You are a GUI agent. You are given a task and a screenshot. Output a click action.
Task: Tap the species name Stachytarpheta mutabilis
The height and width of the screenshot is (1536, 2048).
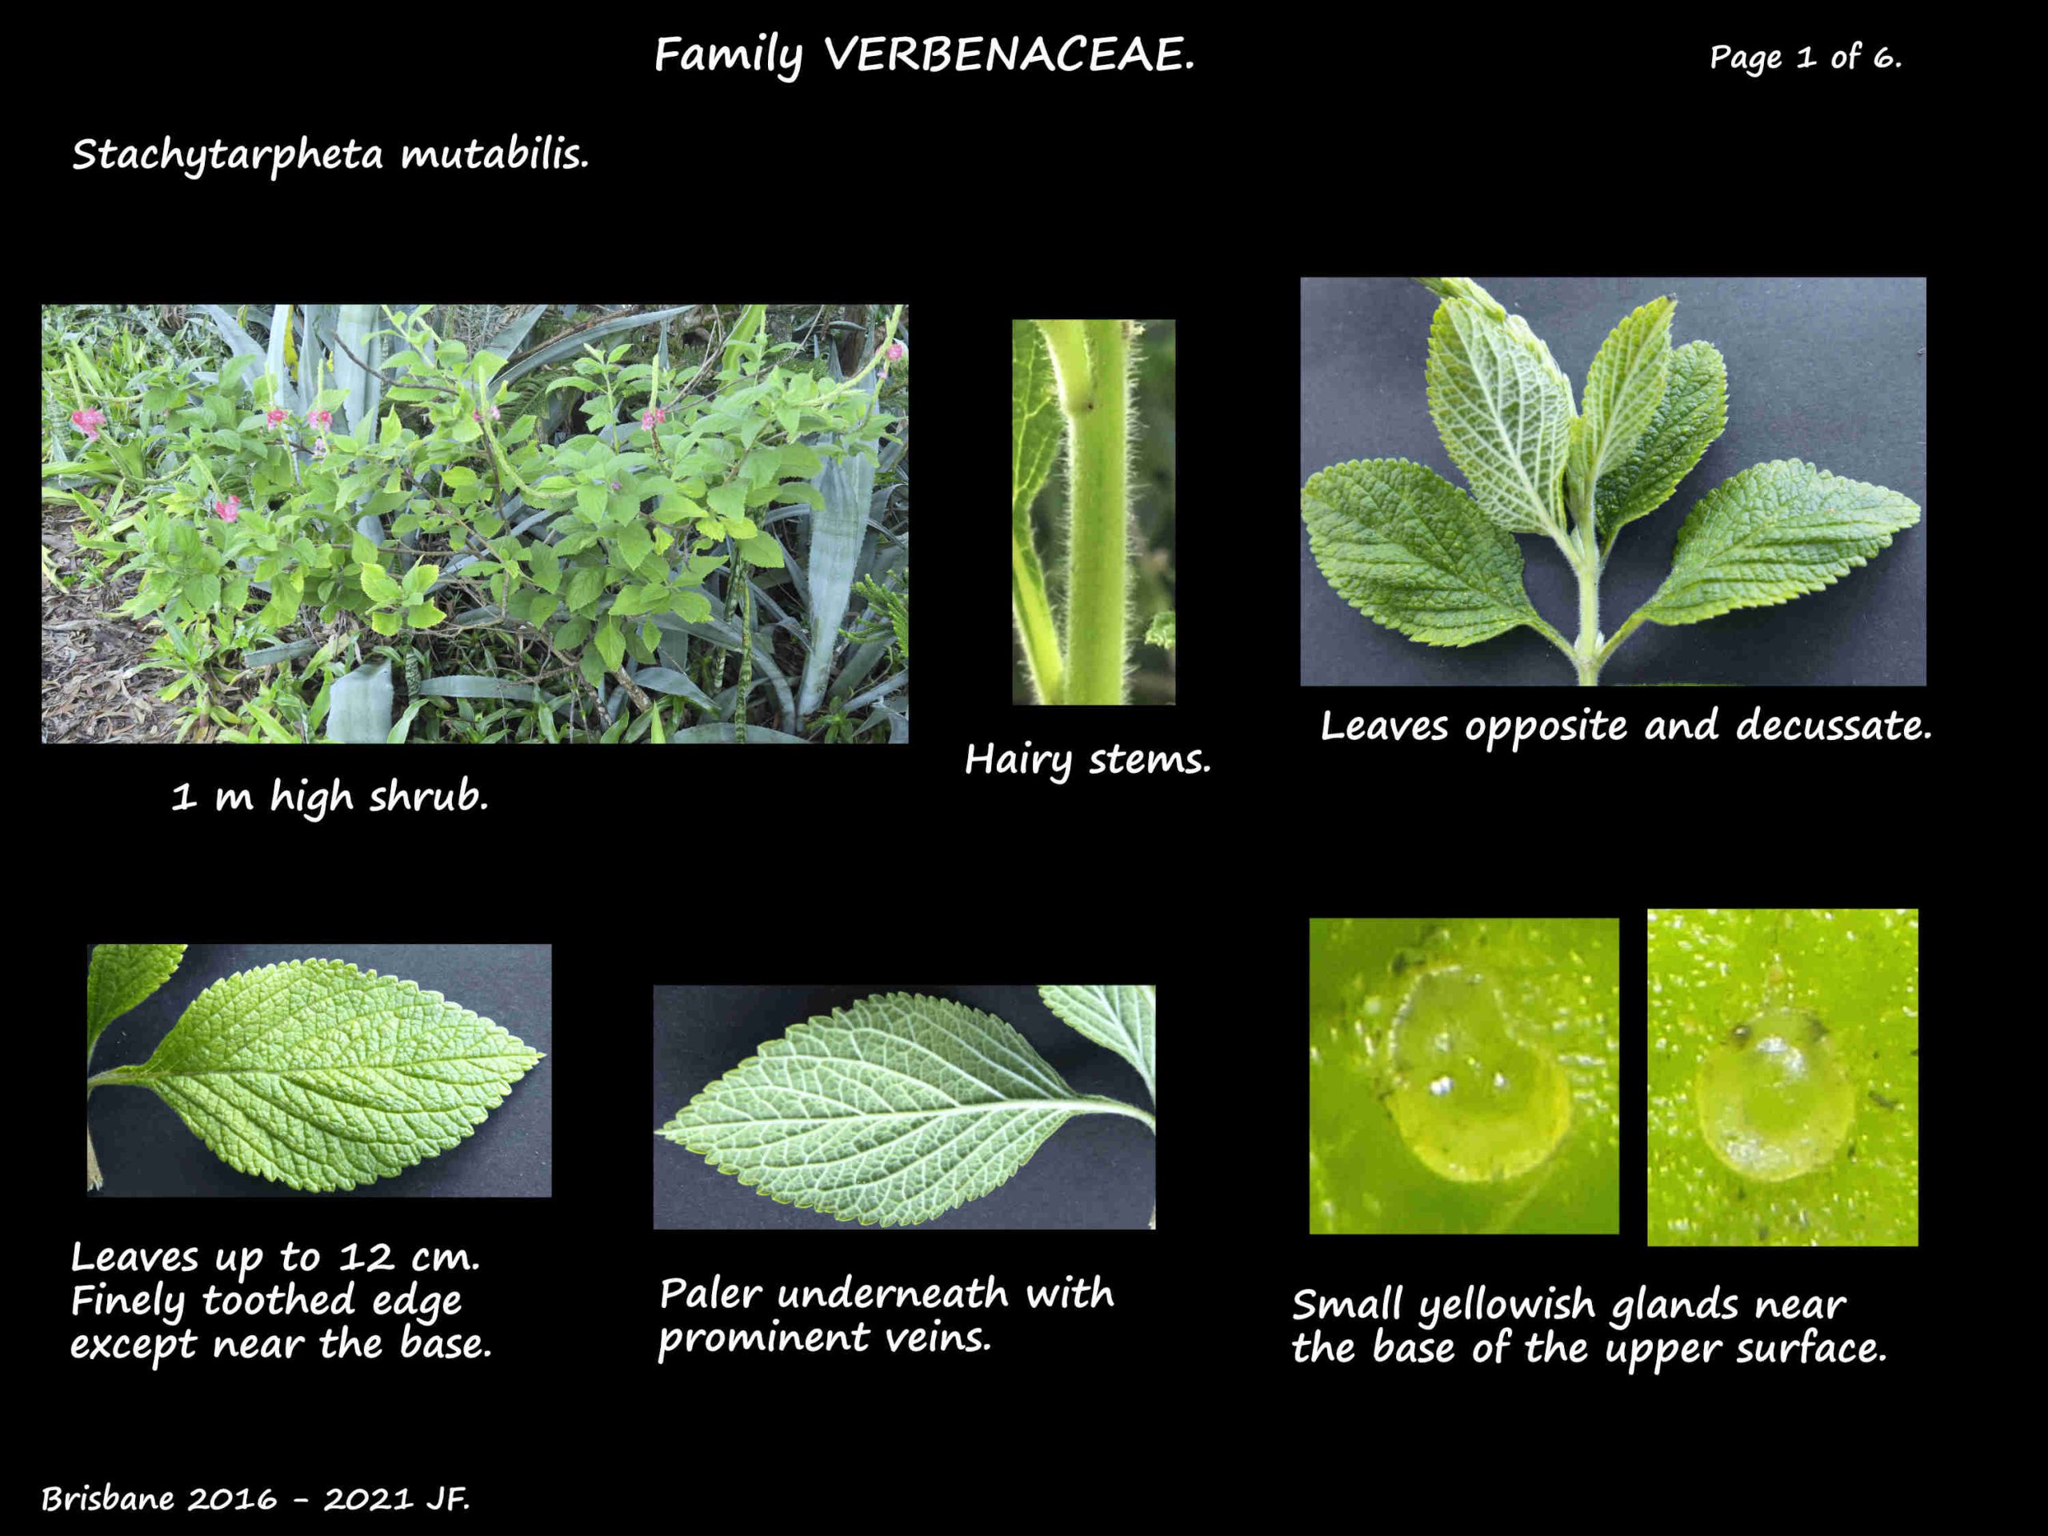330,154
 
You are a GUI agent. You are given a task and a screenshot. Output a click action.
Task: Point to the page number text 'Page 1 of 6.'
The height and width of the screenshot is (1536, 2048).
1806,58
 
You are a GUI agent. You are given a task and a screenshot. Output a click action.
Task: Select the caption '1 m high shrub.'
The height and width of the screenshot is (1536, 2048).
330,796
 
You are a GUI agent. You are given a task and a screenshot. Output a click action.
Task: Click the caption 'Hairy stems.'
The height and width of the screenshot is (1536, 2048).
1088,760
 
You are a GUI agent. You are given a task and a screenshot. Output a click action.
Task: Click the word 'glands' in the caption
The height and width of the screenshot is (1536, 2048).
1676,1306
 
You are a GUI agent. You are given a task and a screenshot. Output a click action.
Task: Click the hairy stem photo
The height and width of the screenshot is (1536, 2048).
1094,512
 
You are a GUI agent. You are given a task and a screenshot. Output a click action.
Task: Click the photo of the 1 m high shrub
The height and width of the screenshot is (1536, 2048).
475,524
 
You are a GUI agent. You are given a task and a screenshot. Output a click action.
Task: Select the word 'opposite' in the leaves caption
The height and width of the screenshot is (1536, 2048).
1546,726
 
